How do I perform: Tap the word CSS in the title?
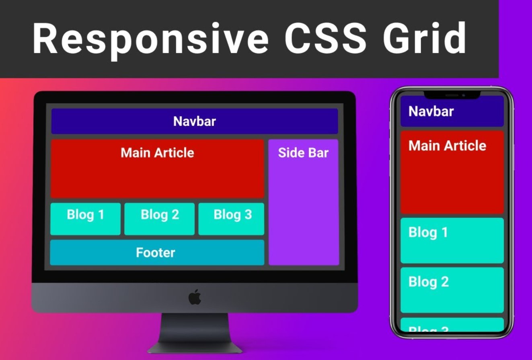pos(325,39)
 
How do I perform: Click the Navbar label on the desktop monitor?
pos(195,121)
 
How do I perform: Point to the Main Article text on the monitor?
pos(157,153)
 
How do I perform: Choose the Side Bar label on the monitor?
pos(303,153)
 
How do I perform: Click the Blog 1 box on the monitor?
pos(85,219)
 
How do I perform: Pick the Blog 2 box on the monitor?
pos(160,219)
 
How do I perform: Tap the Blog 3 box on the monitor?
pos(232,219)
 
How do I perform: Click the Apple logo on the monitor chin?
pos(195,297)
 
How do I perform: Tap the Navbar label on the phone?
pos(431,111)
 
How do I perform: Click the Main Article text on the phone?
pos(447,145)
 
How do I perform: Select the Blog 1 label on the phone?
pos(428,232)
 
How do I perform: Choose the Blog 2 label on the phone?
pos(428,282)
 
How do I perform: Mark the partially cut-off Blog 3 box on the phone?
pos(452,325)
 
